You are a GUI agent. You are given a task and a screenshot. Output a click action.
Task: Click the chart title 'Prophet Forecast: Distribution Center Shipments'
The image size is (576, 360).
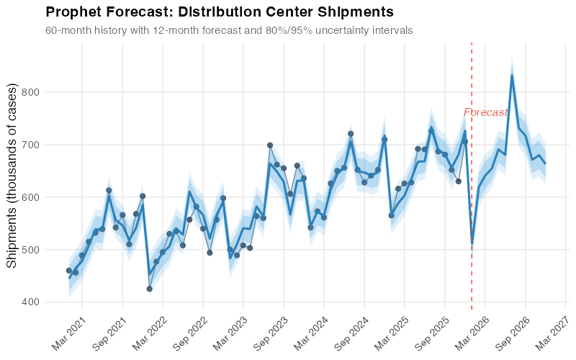pyautogui.click(x=219, y=12)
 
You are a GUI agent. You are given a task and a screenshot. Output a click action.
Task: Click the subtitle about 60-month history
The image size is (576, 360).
pyautogui.click(x=229, y=31)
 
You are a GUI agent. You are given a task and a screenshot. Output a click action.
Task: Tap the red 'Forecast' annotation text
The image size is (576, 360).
pyautogui.click(x=485, y=112)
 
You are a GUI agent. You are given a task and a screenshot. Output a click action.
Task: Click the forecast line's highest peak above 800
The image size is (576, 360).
pyautogui.click(x=512, y=75)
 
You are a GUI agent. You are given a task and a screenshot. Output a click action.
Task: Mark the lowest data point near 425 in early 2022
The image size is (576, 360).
pyautogui.click(x=149, y=289)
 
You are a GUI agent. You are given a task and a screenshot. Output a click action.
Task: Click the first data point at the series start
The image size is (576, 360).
pyautogui.click(x=69, y=271)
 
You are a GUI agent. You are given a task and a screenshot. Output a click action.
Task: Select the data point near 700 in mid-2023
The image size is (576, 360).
pyautogui.click(x=270, y=145)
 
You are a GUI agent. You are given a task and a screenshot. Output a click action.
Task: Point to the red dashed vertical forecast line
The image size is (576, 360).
pyautogui.click(x=472, y=216)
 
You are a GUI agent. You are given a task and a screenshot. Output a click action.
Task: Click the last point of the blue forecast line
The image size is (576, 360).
pyautogui.click(x=545, y=163)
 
